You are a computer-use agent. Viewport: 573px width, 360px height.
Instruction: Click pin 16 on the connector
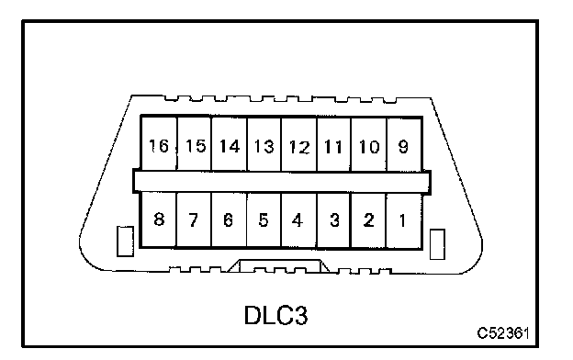159,143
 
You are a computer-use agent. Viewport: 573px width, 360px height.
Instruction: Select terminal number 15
194,143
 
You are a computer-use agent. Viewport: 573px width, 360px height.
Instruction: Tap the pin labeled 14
230,143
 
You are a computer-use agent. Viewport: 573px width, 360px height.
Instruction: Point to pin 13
264,143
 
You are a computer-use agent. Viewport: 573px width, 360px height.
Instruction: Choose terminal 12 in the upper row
299,143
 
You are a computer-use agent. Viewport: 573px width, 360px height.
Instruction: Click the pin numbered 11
334,143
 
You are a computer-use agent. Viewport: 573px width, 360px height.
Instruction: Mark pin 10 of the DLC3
369,143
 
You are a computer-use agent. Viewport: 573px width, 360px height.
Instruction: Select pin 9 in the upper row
404,143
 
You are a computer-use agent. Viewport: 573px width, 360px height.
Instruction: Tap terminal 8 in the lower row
159,219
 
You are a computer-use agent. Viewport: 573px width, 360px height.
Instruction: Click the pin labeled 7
194,219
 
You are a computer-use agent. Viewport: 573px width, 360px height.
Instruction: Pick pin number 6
229,219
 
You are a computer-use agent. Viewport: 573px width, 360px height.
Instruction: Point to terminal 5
264,219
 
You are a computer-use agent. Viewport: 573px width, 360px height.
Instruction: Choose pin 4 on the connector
299,219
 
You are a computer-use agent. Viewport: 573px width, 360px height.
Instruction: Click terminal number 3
333,219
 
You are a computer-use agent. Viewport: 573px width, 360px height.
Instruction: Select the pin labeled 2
368,219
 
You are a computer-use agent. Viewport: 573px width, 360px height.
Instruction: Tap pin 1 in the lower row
403,219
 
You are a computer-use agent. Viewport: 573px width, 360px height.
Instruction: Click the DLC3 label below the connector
275,315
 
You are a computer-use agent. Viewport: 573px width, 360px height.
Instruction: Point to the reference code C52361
503,333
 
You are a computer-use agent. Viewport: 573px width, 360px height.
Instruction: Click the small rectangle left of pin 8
125,242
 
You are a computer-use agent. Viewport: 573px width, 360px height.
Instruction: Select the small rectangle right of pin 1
437,244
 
